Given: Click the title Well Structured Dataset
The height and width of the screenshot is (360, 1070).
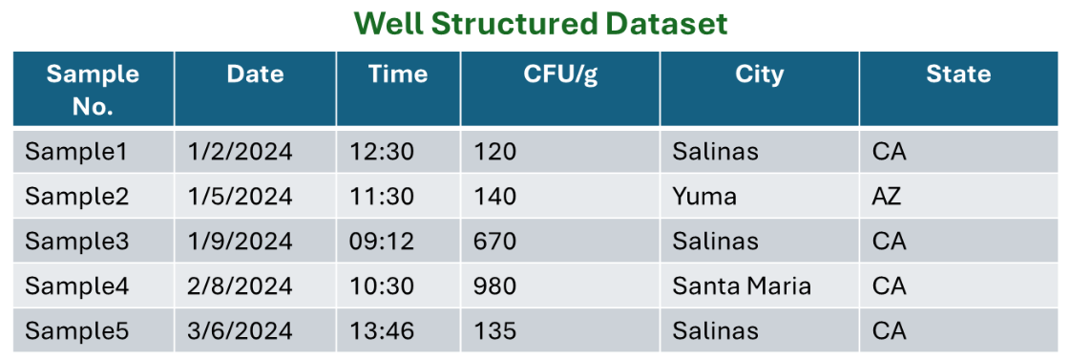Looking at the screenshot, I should click(x=540, y=24).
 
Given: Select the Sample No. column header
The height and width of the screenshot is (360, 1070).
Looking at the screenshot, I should click(x=93, y=90).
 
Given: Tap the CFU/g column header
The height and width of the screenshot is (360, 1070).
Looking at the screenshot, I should click(x=560, y=75).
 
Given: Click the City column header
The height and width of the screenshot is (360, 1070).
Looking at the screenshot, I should click(x=759, y=75).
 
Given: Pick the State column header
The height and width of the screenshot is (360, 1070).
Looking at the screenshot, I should click(x=957, y=75).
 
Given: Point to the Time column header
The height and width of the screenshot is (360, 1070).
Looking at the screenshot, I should click(x=398, y=75).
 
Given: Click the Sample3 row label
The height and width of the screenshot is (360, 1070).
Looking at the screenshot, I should click(x=76, y=242).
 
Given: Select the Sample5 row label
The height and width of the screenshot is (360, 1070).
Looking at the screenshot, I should click(x=76, y=331).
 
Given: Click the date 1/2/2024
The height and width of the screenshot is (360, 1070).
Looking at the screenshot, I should click(x=241, y=152).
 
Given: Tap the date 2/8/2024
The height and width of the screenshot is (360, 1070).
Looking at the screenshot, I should click(x=241, y=286).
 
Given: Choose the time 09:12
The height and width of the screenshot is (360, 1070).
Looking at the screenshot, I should click(x=382, y=242).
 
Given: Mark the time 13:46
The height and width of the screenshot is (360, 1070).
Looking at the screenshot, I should click(x=382, y=331).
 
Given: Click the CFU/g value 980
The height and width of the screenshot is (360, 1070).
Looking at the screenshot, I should click(x=494, y=286).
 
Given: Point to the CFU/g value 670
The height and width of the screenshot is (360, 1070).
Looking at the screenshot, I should click(x=494, y=242).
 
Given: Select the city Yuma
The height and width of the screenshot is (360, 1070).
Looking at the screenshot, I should click(x=704, y=197).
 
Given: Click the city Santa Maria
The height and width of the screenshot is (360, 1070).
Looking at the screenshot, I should click(x=742, y=286).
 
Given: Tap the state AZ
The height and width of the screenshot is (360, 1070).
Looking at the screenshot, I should click(x=887, y=197).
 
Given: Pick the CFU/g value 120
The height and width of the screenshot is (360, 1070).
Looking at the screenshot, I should click(x=494, y=152).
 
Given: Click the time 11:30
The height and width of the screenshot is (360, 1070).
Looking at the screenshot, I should click(x=382, y=197).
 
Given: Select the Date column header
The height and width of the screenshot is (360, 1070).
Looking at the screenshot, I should click(x=255, y=75).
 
